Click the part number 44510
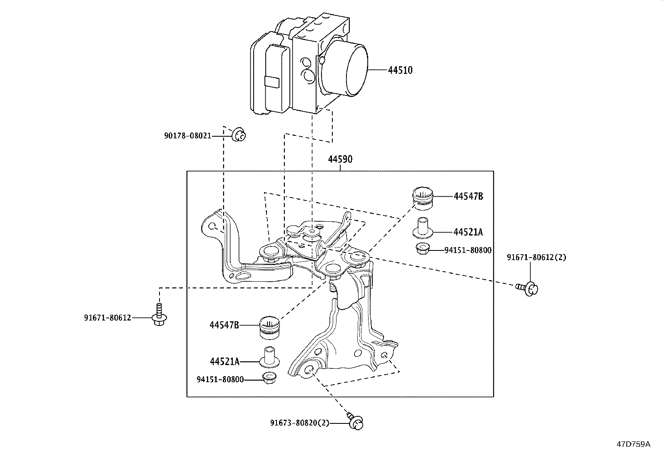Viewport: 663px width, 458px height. [x=400, y=70]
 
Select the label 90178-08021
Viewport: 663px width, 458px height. [x=188, y=136]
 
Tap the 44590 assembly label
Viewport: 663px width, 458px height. [x=340, y=159]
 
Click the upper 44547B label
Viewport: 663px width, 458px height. [x=468, y=196]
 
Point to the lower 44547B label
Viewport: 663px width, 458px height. [x=224, y=325]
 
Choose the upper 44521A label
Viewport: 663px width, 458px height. [x=468, y=232]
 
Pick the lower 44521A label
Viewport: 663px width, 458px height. [x=224, y=361]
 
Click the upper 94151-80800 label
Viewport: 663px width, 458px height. [x=468, y=250]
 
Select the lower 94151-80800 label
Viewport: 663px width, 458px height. [x=220, y=380]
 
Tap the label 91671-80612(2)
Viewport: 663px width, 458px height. [x=536, y=257]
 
